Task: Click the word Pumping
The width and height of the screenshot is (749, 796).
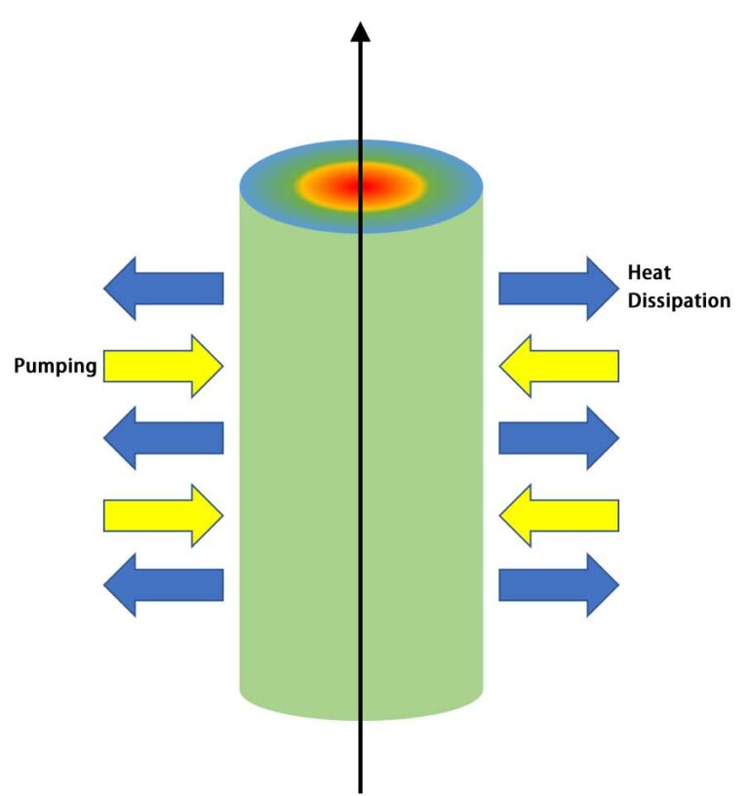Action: (x=55, y=367)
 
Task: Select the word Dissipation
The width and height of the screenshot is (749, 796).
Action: (x=679, y=300)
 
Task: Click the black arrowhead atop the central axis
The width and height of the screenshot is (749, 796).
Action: (x=362, y=31)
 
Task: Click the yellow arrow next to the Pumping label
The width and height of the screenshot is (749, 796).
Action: (x=162, y=366)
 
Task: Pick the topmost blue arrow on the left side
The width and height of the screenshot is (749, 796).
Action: (x=163, y=289)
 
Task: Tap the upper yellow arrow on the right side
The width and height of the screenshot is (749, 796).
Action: (x=559, y=366)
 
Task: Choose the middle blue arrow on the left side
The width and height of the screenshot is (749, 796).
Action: (x=163, y=438)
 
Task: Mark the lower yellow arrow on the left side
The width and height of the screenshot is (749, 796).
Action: (x=162, y=514)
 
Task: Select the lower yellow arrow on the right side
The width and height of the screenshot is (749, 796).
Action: (x=559, y=514)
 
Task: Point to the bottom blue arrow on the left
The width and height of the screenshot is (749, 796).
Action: (x=163, y=584)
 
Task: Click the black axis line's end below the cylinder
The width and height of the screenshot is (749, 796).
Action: (x=362, y=789)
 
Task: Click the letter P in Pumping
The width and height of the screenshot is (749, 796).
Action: (x=19, y=367)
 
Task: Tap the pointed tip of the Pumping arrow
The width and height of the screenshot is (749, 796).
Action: (x=222, y=366)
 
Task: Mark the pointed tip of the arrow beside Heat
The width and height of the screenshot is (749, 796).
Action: (x=617, y=289)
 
